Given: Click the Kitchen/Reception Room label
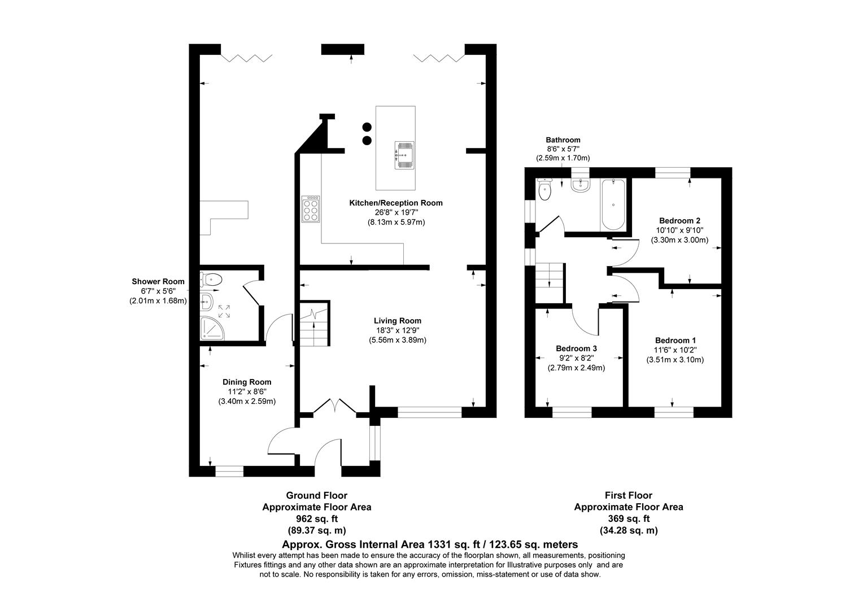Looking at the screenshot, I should [x=396, y=203].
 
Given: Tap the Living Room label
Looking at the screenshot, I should [x=397, y=321].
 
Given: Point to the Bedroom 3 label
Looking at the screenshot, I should [x=576, y=348].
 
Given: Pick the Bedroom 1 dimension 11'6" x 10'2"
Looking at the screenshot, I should [x=675, y=350].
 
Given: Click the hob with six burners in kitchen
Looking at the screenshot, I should [x=311, y=209].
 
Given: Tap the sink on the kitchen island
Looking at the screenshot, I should [x=404, y=155].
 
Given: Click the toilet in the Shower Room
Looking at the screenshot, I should [x=211, y=278].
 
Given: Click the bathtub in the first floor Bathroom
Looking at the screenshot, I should [x=613, y=204].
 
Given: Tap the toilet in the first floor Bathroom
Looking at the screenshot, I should [x=544, y=189].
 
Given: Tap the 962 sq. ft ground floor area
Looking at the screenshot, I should [x=316, y=518].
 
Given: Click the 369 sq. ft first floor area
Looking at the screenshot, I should [x=628, y=518].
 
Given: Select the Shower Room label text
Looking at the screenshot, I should [x=158, y=281].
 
